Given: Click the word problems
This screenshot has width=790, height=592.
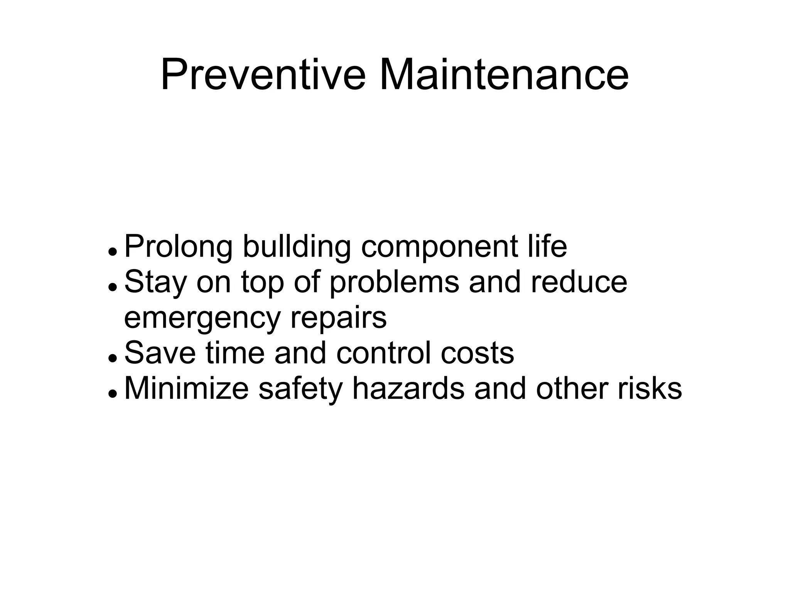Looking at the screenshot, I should tap(394, 283).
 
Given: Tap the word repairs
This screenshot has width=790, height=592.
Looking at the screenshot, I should tap(338, 319).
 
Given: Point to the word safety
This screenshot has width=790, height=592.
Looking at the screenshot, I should tap(300, 389).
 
